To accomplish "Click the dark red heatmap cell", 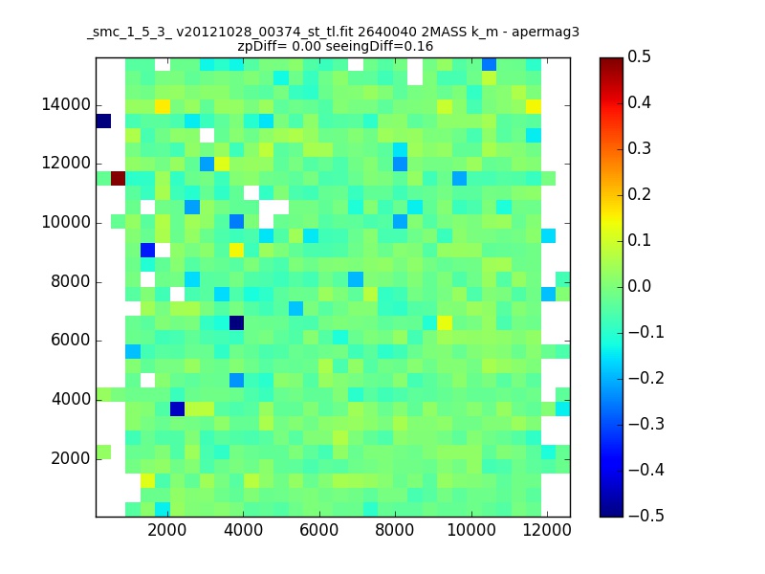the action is [118, 179].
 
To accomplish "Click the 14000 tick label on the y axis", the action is [66, 105].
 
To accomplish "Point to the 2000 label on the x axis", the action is [166, 530].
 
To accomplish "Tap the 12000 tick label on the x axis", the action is [547, 530].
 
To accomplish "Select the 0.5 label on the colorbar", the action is [639, 56].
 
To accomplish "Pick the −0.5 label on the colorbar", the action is [646, 516].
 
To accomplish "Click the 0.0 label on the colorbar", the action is [639, 286].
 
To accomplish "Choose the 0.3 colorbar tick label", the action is [639, 148].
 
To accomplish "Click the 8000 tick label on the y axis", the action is [71, 281].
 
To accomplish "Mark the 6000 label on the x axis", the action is [319, 530].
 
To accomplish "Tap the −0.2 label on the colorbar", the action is [646, 378].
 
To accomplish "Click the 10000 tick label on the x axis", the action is [471, 530].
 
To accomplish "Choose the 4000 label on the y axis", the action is [71, 399].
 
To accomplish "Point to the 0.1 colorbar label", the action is [639, 240].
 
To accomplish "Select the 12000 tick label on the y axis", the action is [66, 164].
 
